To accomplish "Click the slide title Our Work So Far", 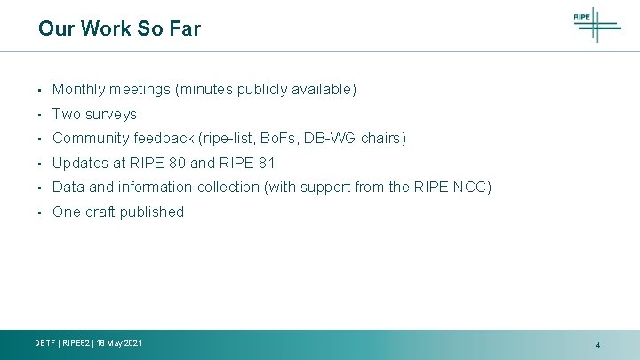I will pyautogui.click(x=119, y=28).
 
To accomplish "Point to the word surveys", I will pyautogui.click(x=113, y=115).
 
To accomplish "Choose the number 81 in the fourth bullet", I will pyautogui.click(x=266, y=164).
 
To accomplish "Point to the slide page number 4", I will pyautogui.click(x=598, y=345).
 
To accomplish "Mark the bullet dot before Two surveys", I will pyautogui.click(x=41, y=115).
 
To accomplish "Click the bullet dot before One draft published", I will pyautogui.click(x=41, y=212).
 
